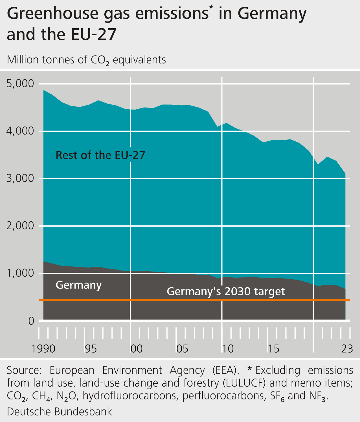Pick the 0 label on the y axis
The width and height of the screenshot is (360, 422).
31,321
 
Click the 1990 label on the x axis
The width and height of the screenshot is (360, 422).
43,349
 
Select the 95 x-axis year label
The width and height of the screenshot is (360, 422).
91,349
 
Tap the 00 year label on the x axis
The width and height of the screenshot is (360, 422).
137,349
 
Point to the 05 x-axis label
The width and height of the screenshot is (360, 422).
182,349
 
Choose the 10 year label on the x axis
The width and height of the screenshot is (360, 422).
228,349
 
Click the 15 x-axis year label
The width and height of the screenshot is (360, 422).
273,349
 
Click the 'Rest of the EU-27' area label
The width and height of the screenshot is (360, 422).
100,155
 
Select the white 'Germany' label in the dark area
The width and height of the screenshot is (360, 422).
78,285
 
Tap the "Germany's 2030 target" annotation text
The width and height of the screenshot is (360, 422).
226,291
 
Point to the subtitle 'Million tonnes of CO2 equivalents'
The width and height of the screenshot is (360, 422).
86,60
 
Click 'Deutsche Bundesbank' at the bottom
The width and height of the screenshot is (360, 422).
59,412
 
